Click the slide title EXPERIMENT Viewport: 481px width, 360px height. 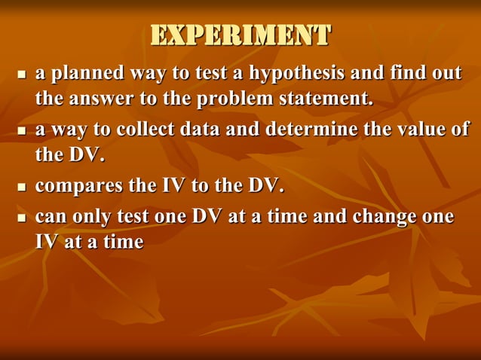[240, 35]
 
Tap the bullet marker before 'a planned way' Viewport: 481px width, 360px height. [21, 75]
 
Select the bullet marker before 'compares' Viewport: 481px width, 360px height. [21, 185]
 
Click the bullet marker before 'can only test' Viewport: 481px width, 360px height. [21, 218]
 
